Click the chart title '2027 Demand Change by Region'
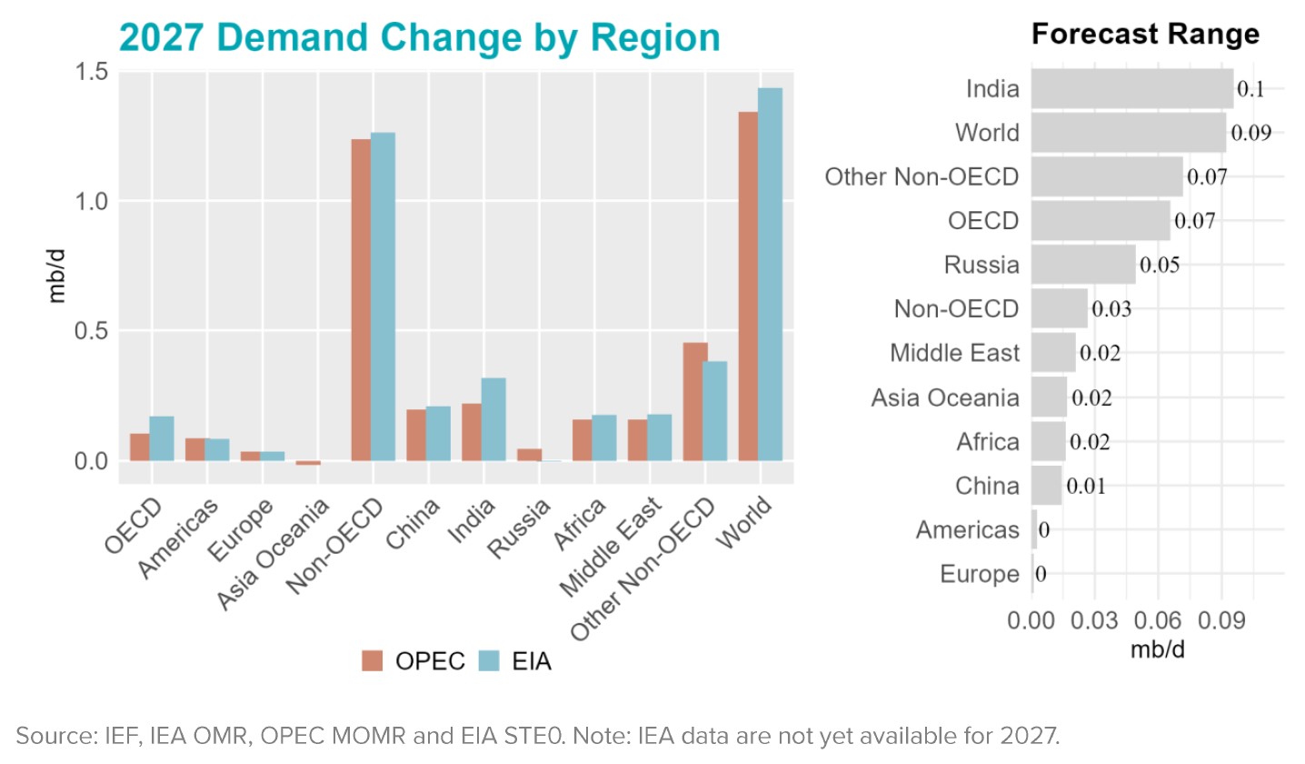coord(419,38)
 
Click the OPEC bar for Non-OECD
coord(362,299)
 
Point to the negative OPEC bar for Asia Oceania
coord(307,463)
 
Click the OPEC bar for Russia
coord(529,454)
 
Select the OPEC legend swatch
coord(374,661)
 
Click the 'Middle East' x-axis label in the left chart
coord(615,551)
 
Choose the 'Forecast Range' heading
coord(1145,35)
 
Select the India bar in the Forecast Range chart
coord(1132,89)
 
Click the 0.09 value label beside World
coord(1250,133)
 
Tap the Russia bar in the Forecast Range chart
coord(1083,265)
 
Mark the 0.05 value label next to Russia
coord(1160,266)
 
